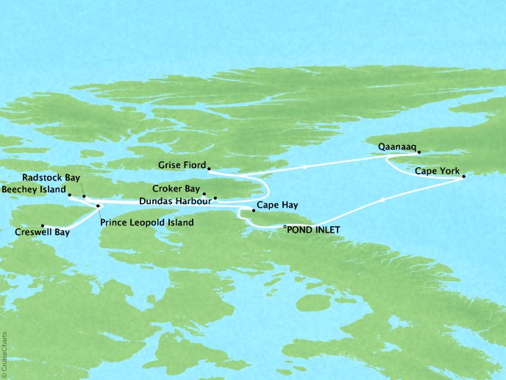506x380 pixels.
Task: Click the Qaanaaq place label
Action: coord(397,147)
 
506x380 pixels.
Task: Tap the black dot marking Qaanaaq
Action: coord(419,152)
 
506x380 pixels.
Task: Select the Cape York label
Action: coord(437,171)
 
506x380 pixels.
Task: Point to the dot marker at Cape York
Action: coord(464,177)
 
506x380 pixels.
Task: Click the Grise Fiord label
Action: coord(182,164)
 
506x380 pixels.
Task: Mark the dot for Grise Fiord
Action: coord(210,169)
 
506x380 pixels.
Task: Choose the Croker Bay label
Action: coord(178,189)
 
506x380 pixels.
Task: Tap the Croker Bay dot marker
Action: coord(204,194)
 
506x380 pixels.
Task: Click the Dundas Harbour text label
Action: coord(174,200)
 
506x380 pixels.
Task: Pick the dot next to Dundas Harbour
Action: coord(215,199)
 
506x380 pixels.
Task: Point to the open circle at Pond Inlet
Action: coord(285,229)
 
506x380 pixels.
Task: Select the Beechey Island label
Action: coord(33,189)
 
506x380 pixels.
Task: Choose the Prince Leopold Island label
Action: coord(147,222)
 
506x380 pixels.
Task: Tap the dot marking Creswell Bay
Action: coord(43,225)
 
